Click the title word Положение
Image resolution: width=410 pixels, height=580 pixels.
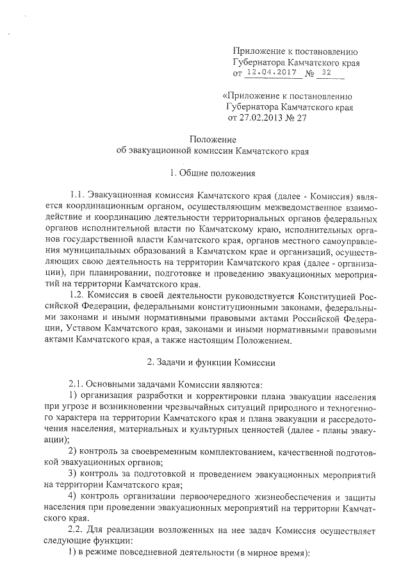213,140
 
